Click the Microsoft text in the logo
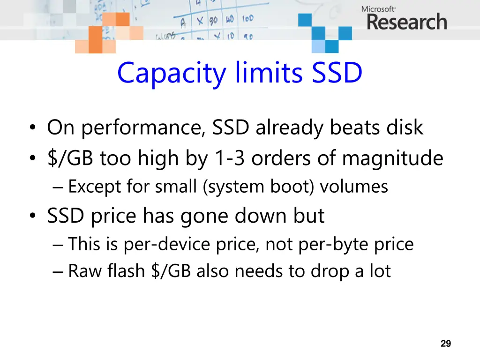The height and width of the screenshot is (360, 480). [x=378, y=9]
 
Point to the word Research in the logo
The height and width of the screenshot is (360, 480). [x=406, y=22]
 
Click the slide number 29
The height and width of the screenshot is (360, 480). [x=446, y=344]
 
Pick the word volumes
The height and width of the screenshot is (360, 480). [x=355, y=187]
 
